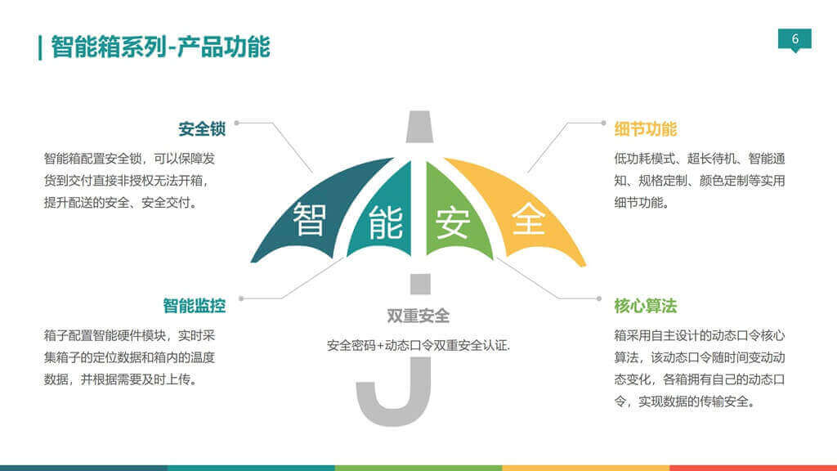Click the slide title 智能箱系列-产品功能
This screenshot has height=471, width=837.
(160, 47)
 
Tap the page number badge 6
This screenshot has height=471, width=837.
(794, 39)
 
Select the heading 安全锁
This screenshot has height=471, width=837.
(202, 129)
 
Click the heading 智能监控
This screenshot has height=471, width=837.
(194, 306)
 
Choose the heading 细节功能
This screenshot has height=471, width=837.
(645, 129)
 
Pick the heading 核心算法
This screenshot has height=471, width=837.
(645, 306)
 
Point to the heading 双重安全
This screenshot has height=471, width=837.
(418, 316)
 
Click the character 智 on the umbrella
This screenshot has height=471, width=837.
(310, 219)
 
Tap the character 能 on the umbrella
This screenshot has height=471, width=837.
(385, 222)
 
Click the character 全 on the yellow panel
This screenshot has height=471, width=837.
(528, 219)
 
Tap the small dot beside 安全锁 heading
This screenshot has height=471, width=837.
(237, 123)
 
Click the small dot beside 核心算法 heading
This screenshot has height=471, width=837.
(602, 298)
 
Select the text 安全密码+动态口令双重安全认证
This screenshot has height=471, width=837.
(418, 346)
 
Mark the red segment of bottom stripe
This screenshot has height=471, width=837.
(753, 468)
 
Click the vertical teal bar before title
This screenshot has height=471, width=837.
(40, 47)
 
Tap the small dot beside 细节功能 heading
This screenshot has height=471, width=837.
(602, 123)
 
